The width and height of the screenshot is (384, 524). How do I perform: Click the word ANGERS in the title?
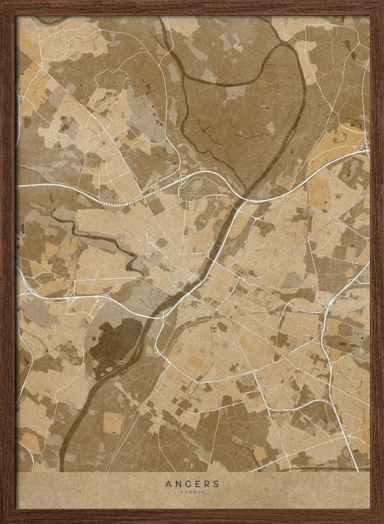coord(192,484)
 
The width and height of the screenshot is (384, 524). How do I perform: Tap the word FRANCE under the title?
coord(192,492)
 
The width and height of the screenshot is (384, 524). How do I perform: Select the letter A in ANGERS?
coord(168,484)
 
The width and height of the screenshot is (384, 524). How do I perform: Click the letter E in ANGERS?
coord(198,484)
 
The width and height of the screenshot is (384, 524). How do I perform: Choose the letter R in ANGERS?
coord(207,484)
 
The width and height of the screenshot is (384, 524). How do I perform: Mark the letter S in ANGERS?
coord(216,484)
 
